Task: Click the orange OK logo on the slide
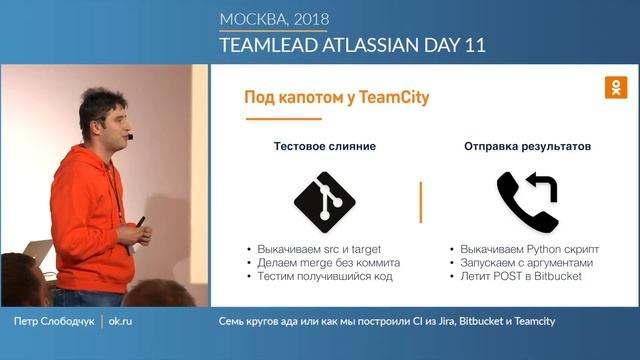pos(616,87)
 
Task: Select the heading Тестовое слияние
pos(325,146)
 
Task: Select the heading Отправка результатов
pos(527,146)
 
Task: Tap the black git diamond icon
pos(325,198)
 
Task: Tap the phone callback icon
pos(527,198)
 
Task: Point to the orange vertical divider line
pos(421,201)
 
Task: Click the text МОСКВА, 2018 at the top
pos(274,19)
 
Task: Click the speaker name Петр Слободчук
pos(55,321)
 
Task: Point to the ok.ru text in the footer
pos(121,321)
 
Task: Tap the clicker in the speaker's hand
pos(140,221)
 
